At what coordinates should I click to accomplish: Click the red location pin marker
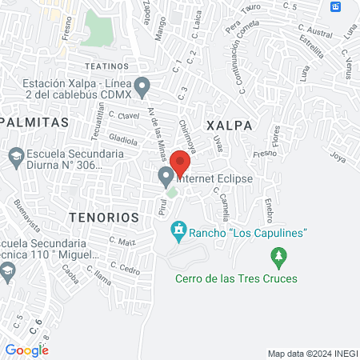[x=181, y=162]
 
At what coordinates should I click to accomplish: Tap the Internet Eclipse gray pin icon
[x=166, y=175]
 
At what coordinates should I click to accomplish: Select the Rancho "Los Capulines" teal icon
[x=179, y=232]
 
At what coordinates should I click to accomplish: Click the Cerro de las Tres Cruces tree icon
[x=278, y=257]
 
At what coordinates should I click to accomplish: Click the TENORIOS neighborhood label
[x=104, y=217]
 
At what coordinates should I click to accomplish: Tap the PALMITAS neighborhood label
[x=34, y=122]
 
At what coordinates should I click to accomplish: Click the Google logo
[x=26, y=350]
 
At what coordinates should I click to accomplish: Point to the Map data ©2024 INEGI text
[x=311, y=354]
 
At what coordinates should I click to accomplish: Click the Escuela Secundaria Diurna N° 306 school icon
[x=15, y=155]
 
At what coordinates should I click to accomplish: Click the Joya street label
[x=337, y=157]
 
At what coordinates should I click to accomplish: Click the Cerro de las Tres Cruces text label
[x=237, y=278]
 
